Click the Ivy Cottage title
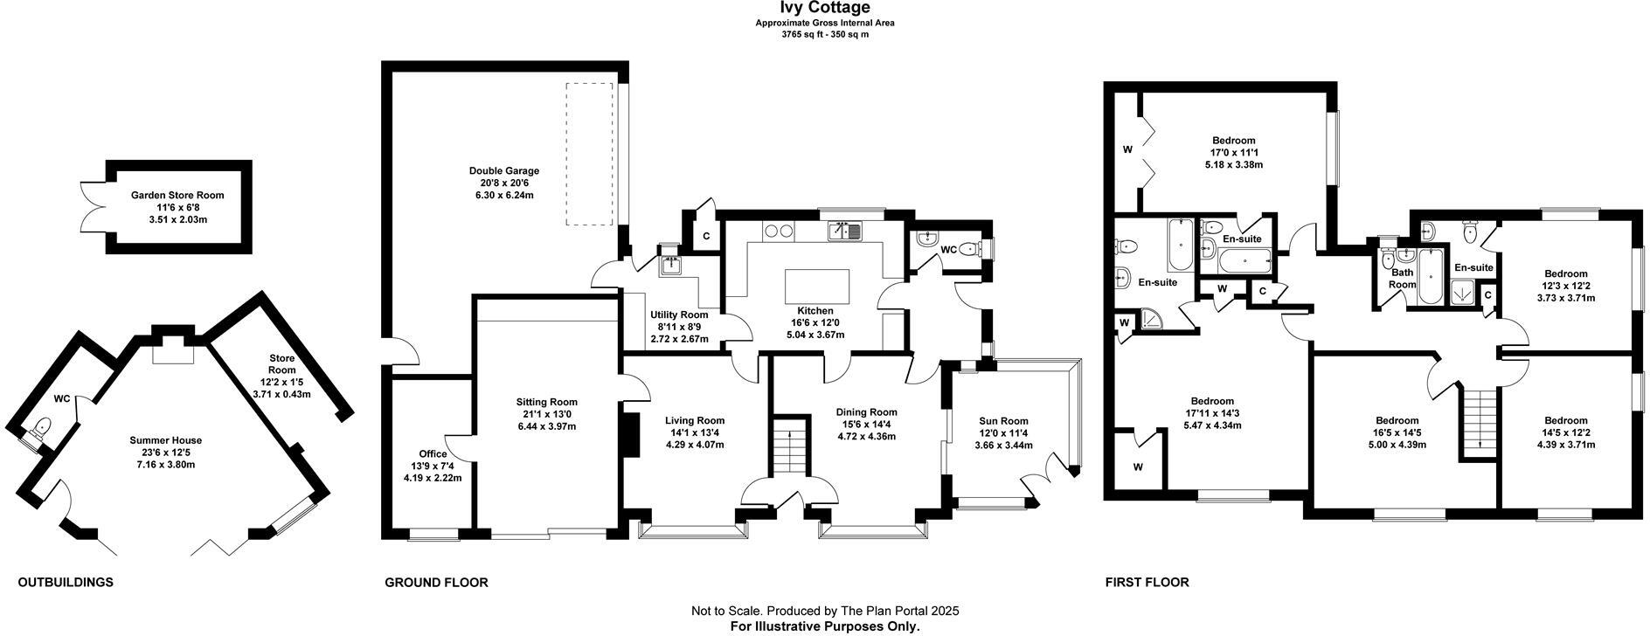pyautogui.click(x=813, y=9)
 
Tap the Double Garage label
pyautogui.click(x=503, y=171)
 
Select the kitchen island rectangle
pyautogui.click(x=817, y=286)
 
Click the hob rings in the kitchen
pyautogui.click(x=778, y=232)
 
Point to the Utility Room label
pyautogui.click(x=679, y=315)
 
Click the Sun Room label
pyautogui.click(x=1003, y=421)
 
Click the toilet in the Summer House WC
pyautogui.click(x=40, y=429)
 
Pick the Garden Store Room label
pyautogui.click(x=177, y=196)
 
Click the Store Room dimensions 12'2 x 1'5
pyautogui.click(x=282, y=383)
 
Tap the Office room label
pyautogui.click(x=433, y=454)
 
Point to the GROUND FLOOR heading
pyautogui.click(x=436, y=582)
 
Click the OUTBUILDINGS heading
pyautogui.click(x=66, y=582)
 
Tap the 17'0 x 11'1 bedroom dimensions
pyautogui.click(x=1233, y=152)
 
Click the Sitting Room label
pyautogui.click(x=546, y=402)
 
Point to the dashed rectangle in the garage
pyautogui.click(x=589, y=154)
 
